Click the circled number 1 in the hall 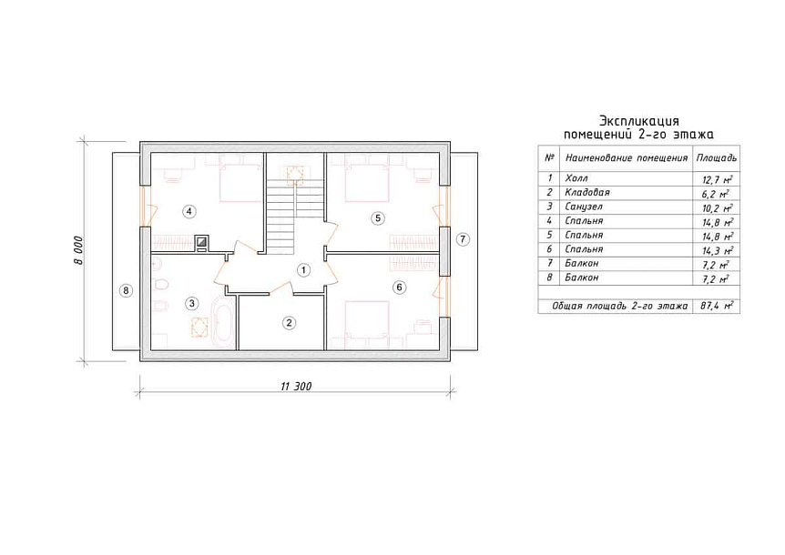(x=303, y=270)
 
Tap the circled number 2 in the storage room (x=289, y=323)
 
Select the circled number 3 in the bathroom (x=192, y=303)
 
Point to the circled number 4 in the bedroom (x=189, y=211)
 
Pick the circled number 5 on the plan (x=378, y=218)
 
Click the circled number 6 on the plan (x=399, y=287)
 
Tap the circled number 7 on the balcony (x=463, y=239)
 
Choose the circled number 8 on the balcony (x=126, y=290)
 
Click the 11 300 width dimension (x=296, y=387)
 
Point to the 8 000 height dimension (x=79, y=250)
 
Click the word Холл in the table (x=576, y=178)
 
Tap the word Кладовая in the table (x=587, y=193)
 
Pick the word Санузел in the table (x=584, y=207)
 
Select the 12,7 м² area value (x=718, y=179)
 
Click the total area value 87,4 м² (x=717, y=306)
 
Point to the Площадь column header (x=717, y=158)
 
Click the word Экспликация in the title (x=639, y=121)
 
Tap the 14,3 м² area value (x=718, y=250)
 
